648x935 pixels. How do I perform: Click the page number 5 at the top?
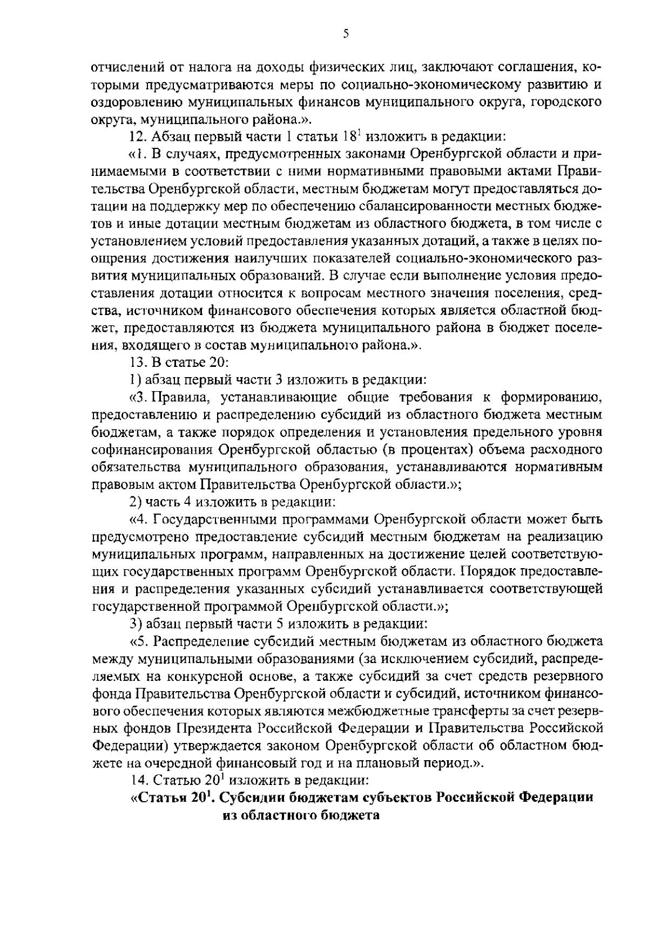tap(346, 34)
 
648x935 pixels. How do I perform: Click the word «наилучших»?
tap(289, 241)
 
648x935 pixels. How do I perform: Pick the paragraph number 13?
tap(139, 362)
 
